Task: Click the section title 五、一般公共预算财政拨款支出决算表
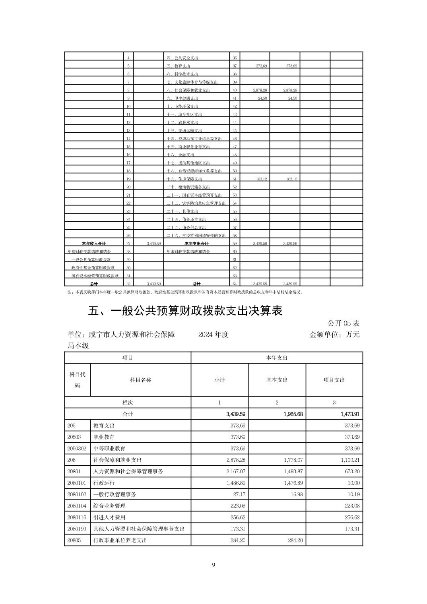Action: pos(185,311)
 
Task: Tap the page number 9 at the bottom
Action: pos(213,565)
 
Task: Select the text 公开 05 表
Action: pos(344,323)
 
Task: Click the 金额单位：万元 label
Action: pos(334,335)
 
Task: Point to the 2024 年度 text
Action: pos(213,335)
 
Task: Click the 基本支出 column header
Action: pos(277,380)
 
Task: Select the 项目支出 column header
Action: pos(334,380)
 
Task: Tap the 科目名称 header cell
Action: pos(140,380)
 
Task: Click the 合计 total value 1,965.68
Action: pos(293,414)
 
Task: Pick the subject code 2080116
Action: pos(77,517)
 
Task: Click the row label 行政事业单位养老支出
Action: pos(120,540)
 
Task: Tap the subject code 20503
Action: pos(74,437)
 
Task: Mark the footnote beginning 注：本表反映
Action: pos(185,292)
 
